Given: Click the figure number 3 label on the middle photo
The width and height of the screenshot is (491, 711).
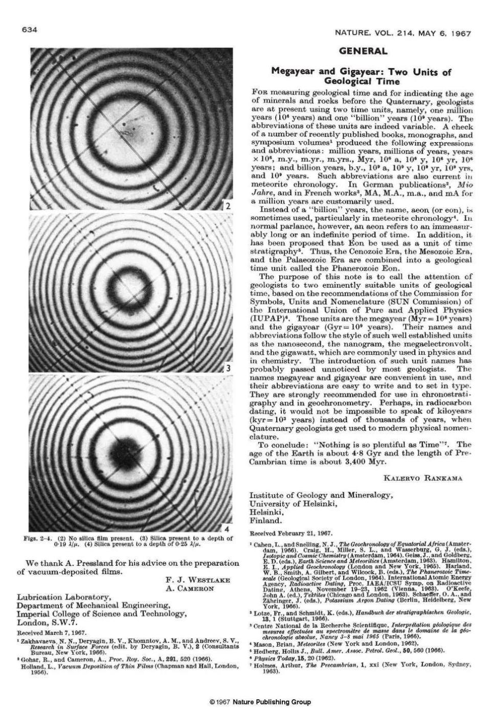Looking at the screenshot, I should [229, 368].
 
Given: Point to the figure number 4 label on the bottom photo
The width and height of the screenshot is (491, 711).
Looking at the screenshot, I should [229, 527].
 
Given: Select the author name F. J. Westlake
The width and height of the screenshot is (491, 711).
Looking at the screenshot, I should [197, 580].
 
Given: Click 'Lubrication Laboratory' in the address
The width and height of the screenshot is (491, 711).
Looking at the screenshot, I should [64, 597].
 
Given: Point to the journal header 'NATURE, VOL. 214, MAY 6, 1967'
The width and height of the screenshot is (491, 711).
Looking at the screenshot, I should [403, 33].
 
